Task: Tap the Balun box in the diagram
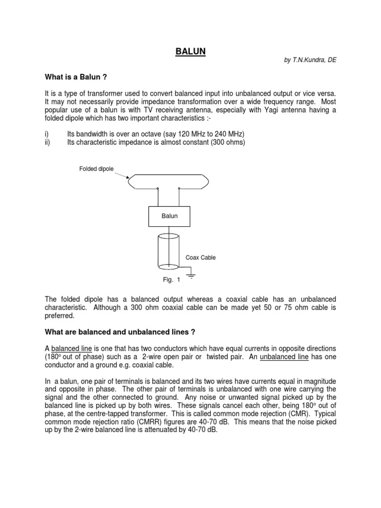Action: [169, 216]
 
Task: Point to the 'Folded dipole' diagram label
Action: [96, 169]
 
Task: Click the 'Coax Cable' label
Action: [200, 257]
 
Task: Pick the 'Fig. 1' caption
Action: [171, 280]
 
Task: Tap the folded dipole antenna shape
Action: [168, 181]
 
